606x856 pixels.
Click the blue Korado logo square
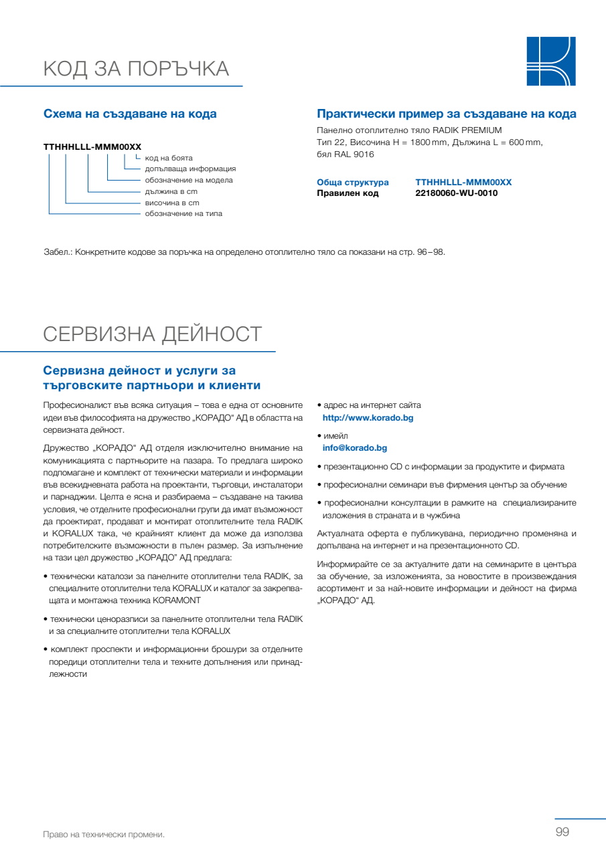(551, 62)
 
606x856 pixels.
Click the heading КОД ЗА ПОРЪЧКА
(136, 69)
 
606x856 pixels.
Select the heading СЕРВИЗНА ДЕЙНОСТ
(153, 334)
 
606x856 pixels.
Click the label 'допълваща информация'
(190, 169)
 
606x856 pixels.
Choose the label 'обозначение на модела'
(189, 181)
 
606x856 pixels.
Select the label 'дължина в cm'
(171, 191)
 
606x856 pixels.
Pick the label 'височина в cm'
(172, 203)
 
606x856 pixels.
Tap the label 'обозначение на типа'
(183, 214)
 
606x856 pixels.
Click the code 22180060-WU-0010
(456, 193)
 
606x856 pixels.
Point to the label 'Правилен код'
(348, 193)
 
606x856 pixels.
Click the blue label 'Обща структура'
(352, 183)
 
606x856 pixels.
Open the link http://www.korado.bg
(368, 418)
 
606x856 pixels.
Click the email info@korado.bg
(355, 448)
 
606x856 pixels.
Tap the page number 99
(562, 832)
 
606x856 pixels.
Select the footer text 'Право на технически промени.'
(104, 835)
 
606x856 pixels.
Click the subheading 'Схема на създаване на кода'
(130, 114)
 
